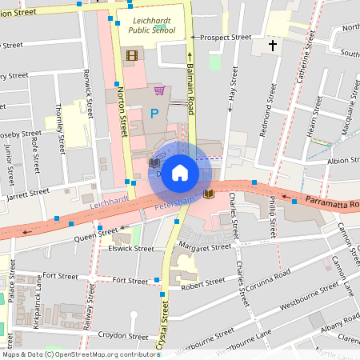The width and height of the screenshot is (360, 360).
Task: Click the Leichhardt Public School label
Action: tap(147, 24)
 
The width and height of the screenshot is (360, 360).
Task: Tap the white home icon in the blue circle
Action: tap(180, 173)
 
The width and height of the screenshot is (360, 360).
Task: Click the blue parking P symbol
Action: tap(154, 115)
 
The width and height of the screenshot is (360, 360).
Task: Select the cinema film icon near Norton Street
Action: tap(131, 54)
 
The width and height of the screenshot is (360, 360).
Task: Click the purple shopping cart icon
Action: tap(159, 90)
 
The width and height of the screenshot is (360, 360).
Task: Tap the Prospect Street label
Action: tap(225, 37)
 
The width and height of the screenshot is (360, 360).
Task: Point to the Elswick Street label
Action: tap(130, 248)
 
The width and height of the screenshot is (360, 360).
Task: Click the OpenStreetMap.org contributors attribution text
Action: tap(103, 354)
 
